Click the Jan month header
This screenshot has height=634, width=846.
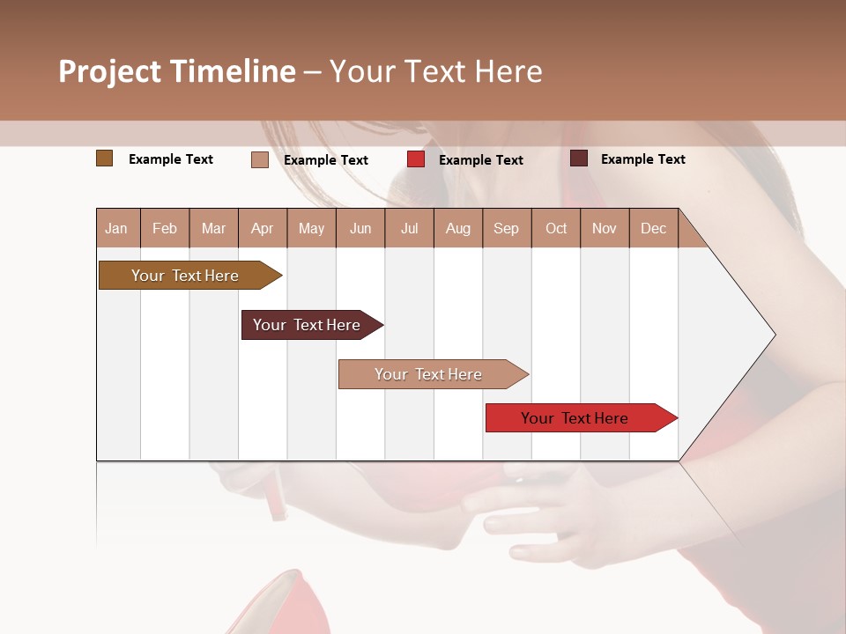click(x=117, y=229)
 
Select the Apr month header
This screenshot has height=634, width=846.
click(x=263, y=229)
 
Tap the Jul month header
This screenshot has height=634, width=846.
click(x=410, y=229)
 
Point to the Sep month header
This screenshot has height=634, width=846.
click(x=506, y=229)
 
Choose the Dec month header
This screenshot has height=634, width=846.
click(x=653, y=229)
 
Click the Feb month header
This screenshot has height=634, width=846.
click(x=165, y=229)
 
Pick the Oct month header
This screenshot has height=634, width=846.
click(x=556, y=229)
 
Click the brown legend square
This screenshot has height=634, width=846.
click(x=105, y=158)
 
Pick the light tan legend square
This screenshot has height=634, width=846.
click(x=259, y=159)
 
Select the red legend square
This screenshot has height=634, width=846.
click(x=416, y=159)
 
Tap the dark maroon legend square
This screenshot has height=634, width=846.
click(x=579, y=158)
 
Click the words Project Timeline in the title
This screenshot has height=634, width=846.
click(x=176, y=71)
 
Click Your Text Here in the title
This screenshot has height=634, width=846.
click(x=436, y=71)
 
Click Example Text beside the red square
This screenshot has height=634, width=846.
click(x=480, y=160)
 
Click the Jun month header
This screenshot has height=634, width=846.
click(x=360, y=229)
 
